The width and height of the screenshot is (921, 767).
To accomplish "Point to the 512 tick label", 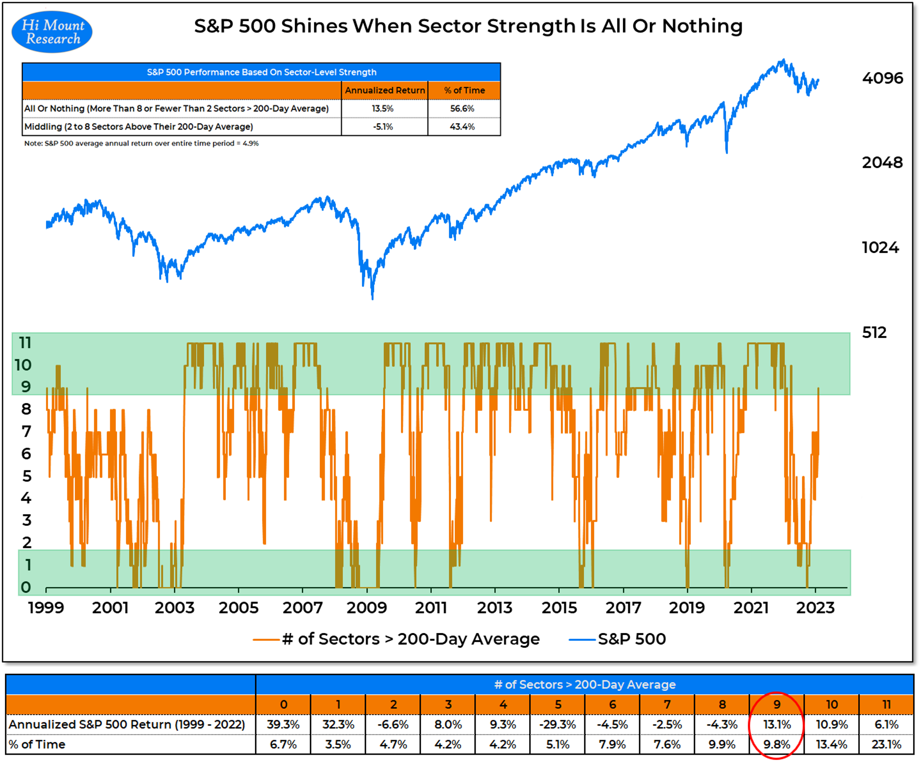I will coord(874,332).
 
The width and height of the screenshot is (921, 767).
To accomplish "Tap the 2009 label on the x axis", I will coord(367,608).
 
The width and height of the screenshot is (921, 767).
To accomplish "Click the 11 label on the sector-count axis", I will coord(25,343).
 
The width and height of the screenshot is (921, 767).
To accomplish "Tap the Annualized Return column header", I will coord(385,90).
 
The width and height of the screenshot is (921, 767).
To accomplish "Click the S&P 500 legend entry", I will coord(631,639).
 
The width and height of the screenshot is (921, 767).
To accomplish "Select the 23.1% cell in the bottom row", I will coord(886,744).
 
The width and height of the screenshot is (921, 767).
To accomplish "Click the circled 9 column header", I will coord(777,704).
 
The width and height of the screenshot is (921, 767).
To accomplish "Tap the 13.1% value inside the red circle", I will coord(777,724).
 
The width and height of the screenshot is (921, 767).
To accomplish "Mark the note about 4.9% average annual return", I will coord(141,143).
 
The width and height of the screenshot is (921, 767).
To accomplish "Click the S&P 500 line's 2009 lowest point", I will coord(373,298).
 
